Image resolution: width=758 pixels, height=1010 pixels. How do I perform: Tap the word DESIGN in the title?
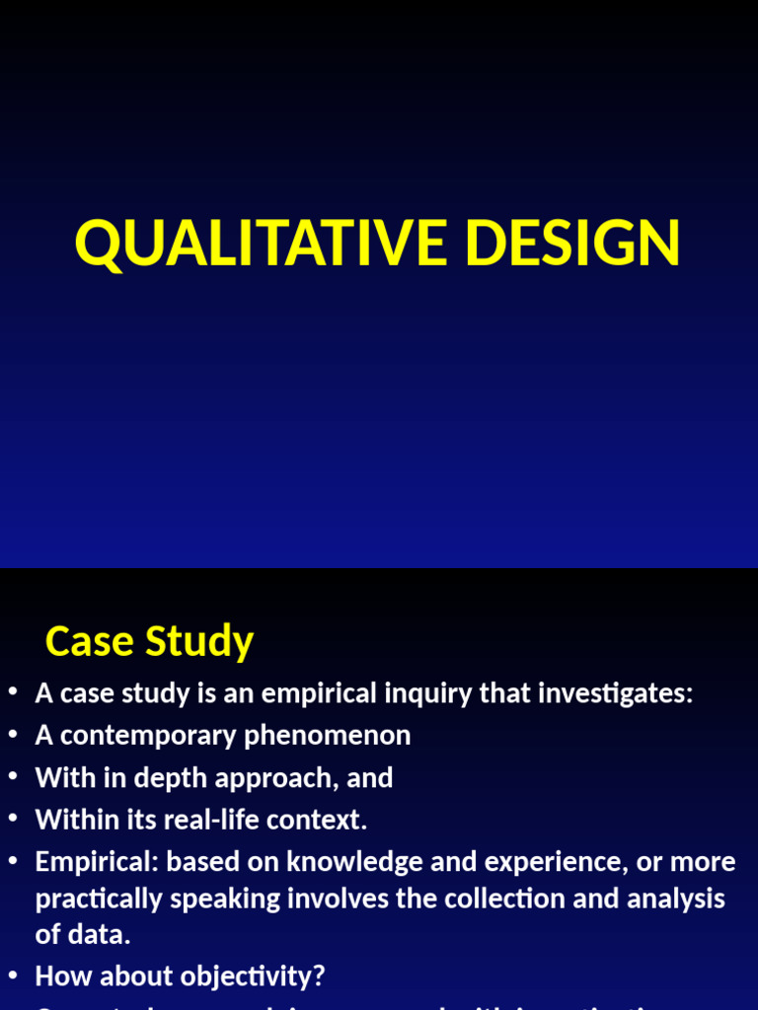(572, 243)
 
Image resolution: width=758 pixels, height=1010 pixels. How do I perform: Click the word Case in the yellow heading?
(90, 642)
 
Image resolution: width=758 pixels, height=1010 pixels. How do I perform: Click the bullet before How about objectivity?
(13, 976)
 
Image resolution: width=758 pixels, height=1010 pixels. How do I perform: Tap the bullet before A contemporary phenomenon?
(13, 736)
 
